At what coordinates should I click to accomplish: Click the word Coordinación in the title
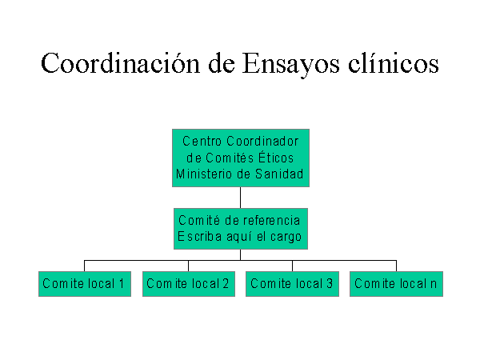(120, 63)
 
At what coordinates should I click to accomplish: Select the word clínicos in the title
(394, 63)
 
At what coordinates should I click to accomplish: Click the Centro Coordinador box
(241, 158)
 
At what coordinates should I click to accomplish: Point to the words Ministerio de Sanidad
(240, 174)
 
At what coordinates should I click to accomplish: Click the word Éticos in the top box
(276, 158)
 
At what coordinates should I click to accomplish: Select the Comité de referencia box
(241, 229)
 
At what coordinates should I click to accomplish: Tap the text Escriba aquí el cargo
(240, 237)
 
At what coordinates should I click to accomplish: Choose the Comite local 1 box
(85, 284)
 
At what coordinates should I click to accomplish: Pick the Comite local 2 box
(189, 284)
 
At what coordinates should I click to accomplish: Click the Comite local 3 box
(292, 284)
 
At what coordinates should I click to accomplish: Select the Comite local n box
(397, 284)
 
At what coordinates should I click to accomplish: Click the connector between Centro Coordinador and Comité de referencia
(240, 198)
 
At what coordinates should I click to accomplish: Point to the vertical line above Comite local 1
(84, 266)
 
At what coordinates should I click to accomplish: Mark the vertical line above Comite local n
(397, 266)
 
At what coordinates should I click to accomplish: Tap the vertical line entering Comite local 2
(188, 266)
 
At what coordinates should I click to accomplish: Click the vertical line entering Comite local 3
(292, 266)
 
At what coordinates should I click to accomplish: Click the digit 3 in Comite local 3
(330, 283)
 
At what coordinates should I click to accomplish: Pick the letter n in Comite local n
(433, 285)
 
